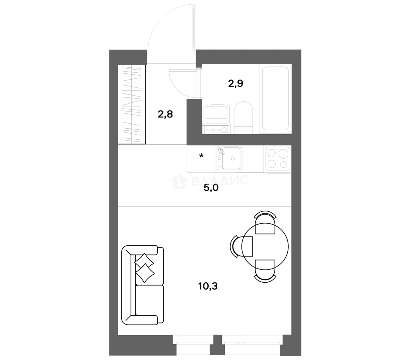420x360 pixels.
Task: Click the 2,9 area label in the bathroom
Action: click(235, 83)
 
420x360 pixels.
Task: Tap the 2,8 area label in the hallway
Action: click(165, 114)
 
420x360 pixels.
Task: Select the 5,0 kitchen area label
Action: click(211, 188)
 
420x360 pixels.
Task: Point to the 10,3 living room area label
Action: click(208, 286)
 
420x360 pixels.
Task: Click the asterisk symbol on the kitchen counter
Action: click(201, 156)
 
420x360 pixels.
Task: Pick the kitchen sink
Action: click(229, 158)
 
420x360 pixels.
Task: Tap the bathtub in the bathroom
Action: click(275, 98)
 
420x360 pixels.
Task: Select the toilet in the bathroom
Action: click(243, 118)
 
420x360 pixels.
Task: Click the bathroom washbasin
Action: click(216, 112)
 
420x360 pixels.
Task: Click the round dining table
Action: click(265, 246)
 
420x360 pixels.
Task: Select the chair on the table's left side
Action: click(241, 246)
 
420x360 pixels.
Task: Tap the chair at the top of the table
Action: click(265, 222)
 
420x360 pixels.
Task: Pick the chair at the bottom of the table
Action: click(265, 271)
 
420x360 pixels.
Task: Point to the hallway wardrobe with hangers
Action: click(132, 104)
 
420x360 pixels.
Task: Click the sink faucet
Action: click(221, 152)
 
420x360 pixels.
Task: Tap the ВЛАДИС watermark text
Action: click(220, 181)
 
